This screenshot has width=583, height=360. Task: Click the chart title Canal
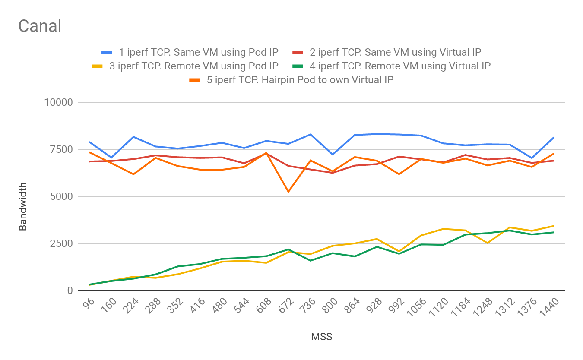click(40, 26)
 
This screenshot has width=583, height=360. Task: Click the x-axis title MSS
click(322, 337)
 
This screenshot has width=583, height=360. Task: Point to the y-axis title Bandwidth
click(23, 207)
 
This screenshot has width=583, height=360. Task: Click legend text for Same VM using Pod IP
click(199, 52)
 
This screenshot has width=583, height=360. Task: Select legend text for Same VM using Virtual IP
click(395, 52)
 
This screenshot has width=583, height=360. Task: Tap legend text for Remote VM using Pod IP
click(194, 66)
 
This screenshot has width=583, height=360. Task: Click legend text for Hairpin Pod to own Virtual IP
click(300, 80)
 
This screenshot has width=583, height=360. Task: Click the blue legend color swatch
click(107, 52)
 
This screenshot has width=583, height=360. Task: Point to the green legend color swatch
click(298, 66)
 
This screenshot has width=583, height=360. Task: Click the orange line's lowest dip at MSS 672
click(288, 192)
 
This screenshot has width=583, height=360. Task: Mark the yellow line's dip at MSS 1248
click(488, 243)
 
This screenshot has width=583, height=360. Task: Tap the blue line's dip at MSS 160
click(111, 158)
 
